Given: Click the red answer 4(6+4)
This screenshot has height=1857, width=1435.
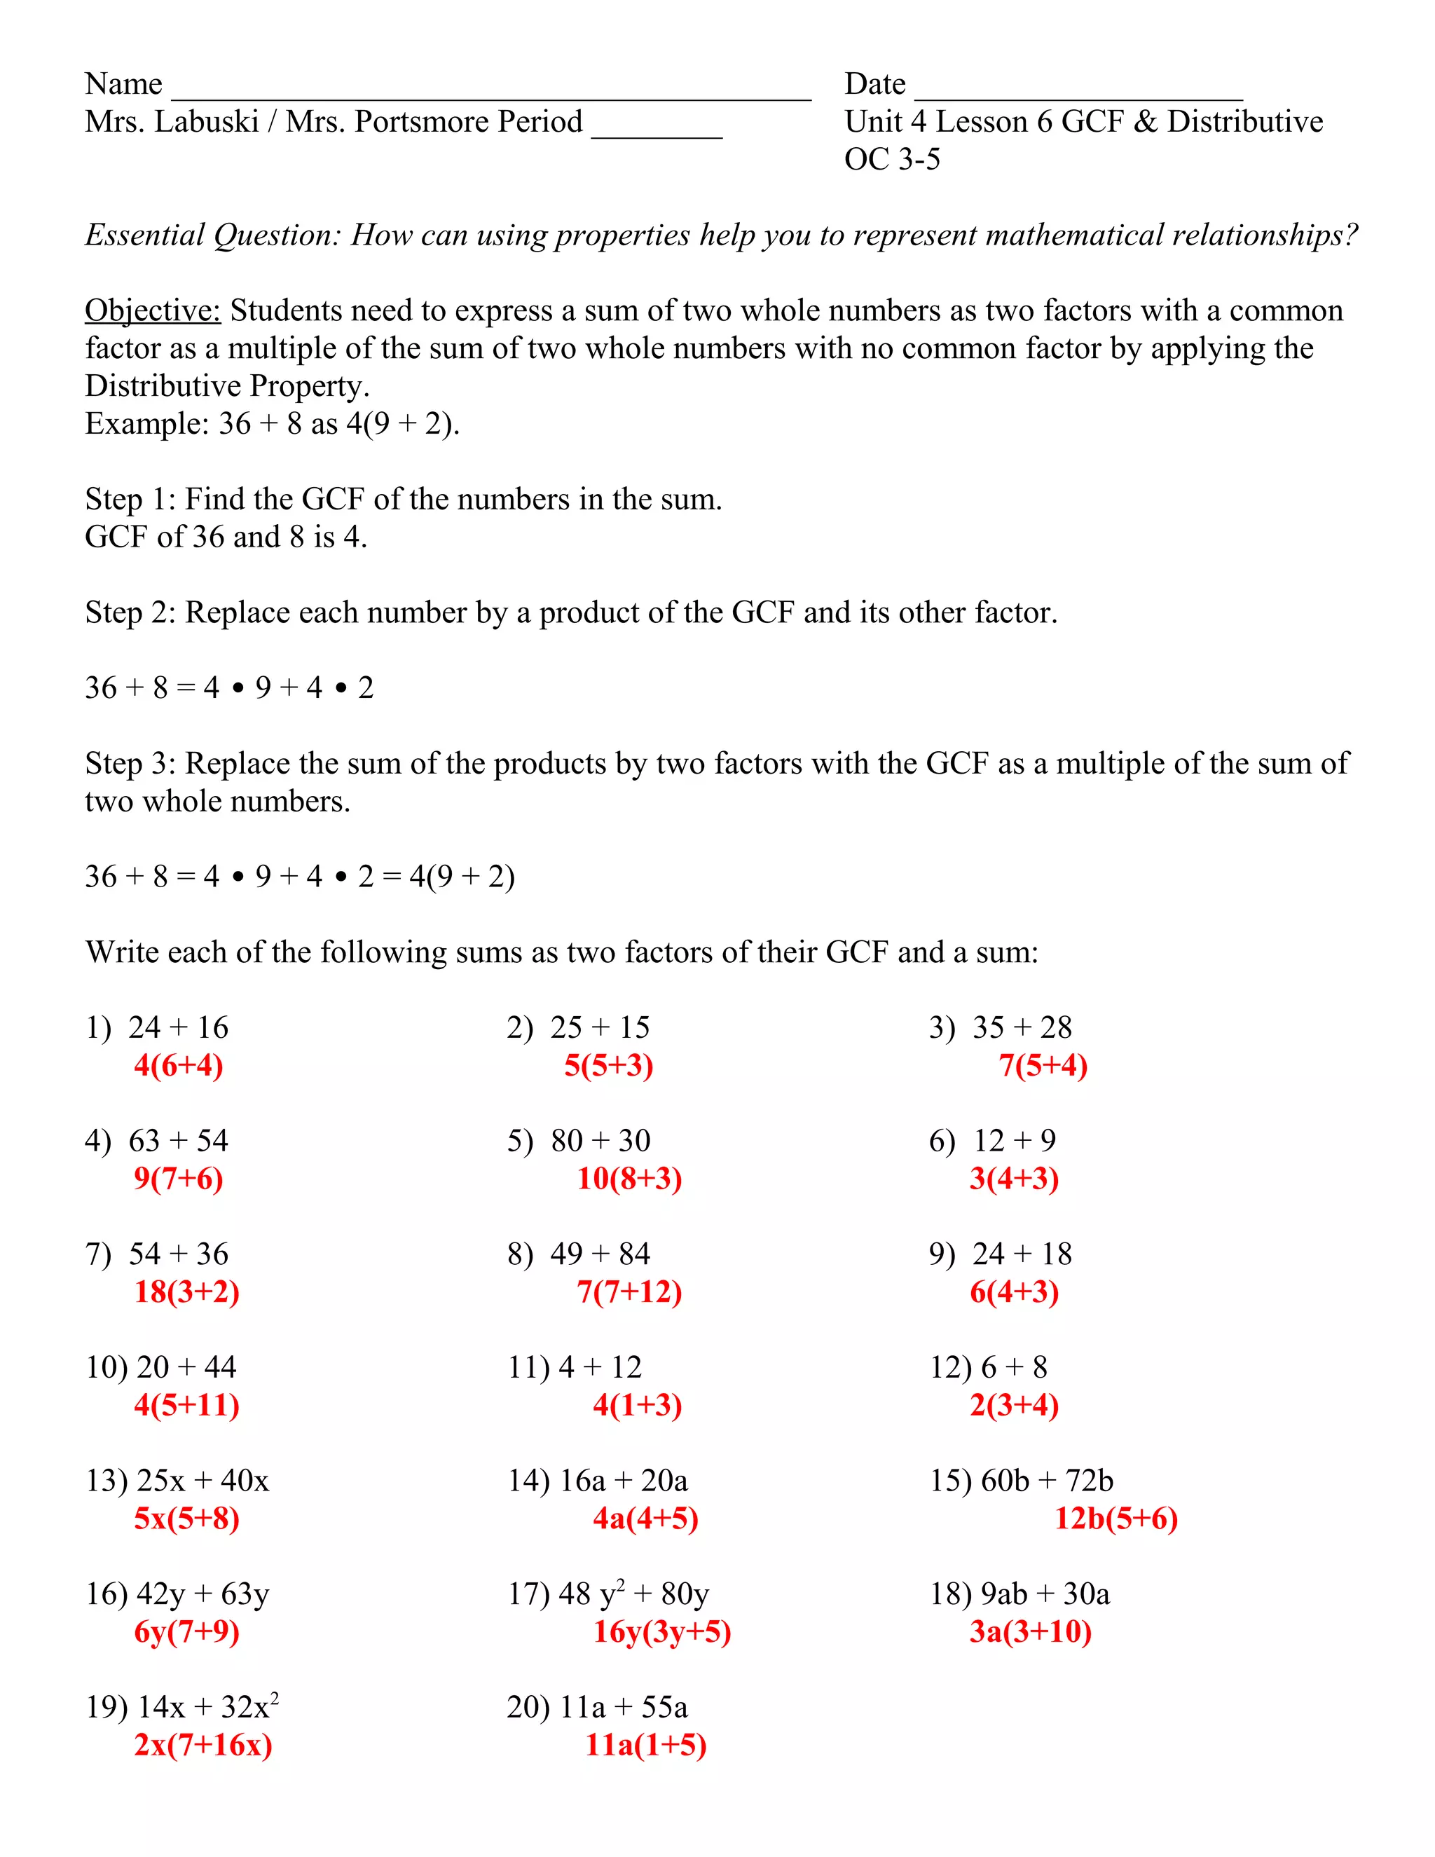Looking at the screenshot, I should (179, 1065).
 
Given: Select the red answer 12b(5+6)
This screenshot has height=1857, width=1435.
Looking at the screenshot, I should (1115, 1519).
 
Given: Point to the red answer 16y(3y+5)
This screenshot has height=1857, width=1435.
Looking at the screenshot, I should (661, 1631).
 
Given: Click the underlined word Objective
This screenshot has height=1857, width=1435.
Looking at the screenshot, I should (152, 311).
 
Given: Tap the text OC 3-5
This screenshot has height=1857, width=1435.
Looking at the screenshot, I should (892, 159).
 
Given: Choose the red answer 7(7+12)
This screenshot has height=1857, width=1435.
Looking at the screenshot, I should (629, 1292).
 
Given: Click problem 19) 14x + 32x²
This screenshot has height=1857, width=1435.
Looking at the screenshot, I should (182, 1707).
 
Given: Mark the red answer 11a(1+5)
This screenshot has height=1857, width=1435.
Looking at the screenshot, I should (645, 1745).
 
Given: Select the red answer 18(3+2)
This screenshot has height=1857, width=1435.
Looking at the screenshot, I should (186, 1292).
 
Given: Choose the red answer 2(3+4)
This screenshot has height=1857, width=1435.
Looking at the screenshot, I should (1013, 1406).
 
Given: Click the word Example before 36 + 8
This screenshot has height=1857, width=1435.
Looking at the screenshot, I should (146, 423).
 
